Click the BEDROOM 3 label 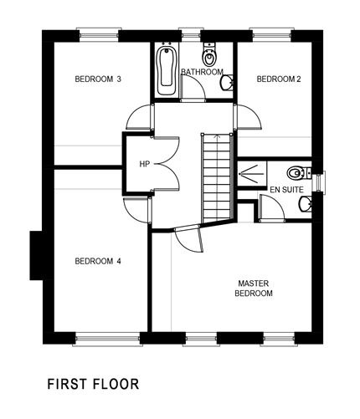tap(98, 79)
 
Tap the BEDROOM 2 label tap(278, 79)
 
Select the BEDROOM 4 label tap(98, 261)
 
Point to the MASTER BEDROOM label tap(253, 289)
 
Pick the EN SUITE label tap(285, 191)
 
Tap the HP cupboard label tap(145, 164)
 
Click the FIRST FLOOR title tap(92, 385)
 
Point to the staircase tap(217, 176)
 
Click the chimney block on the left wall tap(36, 255)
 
